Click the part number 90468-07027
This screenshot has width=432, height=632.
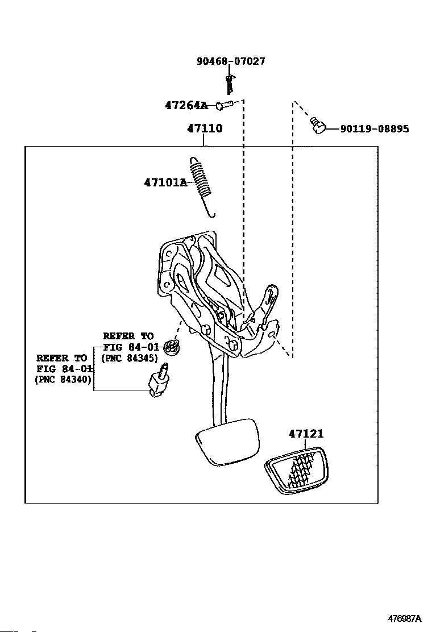(x=231, y=61)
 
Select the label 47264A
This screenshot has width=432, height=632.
(x=186, y=106)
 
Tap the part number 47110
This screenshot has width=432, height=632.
(x=205, y=128)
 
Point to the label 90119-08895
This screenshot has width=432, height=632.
(x=375, y=129)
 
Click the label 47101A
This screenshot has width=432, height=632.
(x=165, y=182)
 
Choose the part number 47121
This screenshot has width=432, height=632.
(x=306, y=434)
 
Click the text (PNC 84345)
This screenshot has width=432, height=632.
(x=129, y=358)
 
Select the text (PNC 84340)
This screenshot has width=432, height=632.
(x=63, y=379)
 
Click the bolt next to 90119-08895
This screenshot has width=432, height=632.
(x=318, y=125)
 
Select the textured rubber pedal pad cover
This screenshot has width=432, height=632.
(x=296, y=471)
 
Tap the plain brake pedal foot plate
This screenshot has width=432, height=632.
(x=227, y=442)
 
